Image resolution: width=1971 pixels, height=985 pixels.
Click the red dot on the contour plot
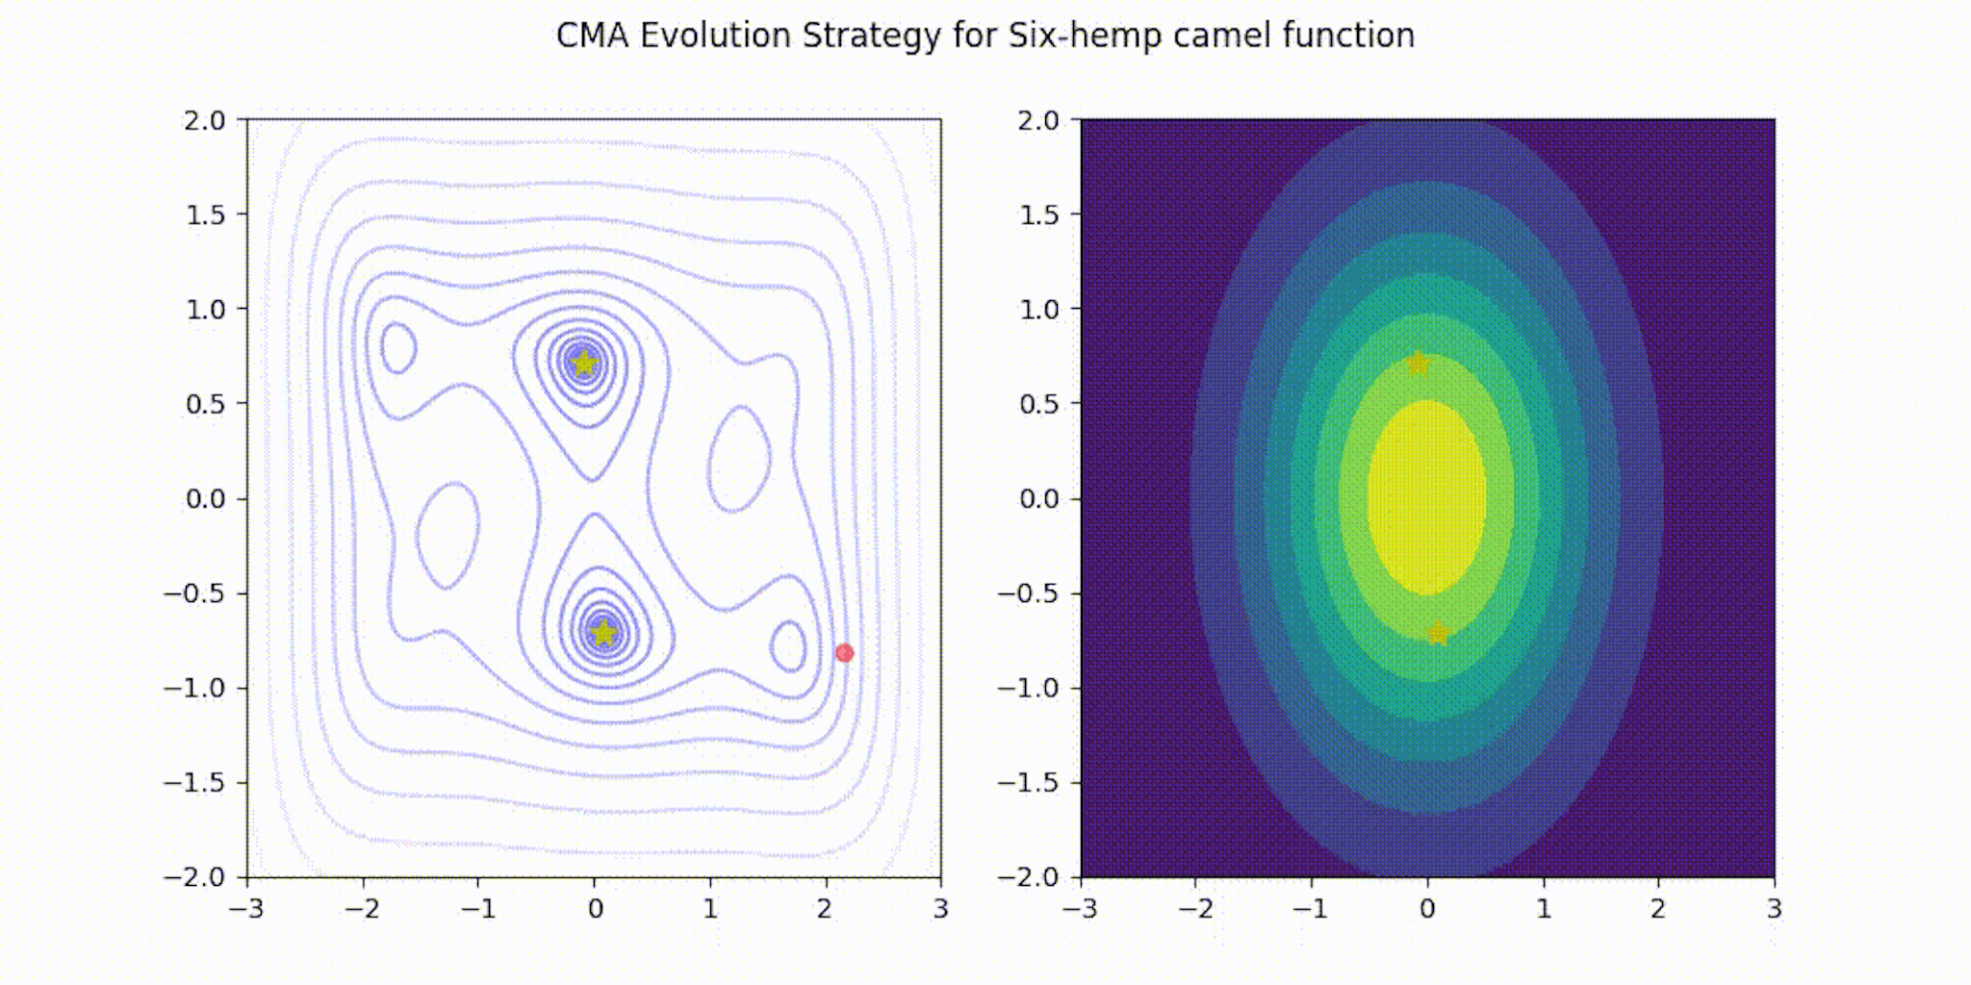tap(844, 653)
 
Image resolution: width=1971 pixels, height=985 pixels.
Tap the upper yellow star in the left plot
tap(583, 364)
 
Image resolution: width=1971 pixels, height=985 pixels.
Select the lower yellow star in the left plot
tap(603, 633)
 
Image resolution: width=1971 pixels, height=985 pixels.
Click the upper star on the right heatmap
tap(1418, 364)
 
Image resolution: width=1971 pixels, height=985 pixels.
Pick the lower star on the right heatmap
tap(1438, 633)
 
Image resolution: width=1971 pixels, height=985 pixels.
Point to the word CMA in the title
tap(592, 36)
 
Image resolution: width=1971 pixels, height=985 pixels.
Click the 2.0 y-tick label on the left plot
tap(204, 120)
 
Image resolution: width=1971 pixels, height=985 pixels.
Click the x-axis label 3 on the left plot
tap(940, 909)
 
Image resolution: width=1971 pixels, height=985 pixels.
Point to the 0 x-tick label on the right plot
tap(1427, 909)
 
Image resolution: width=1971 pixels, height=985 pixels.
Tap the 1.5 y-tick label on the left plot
tap(204, 215)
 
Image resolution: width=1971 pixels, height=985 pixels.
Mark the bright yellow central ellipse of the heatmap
tap(1427, 497)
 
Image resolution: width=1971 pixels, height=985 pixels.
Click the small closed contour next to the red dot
tap(788, 645)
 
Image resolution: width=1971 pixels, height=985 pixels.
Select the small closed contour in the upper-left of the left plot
tap(398, 348)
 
